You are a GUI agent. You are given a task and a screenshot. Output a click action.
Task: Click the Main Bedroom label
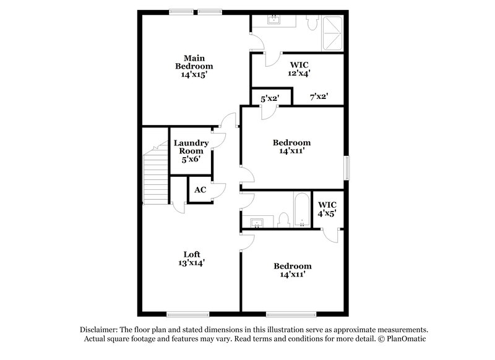194,62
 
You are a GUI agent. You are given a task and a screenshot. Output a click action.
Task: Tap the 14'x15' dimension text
194,74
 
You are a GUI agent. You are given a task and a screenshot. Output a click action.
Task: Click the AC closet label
200,190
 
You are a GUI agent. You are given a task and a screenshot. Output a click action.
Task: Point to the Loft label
192,254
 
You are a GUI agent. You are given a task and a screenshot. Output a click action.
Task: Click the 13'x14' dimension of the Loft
192,262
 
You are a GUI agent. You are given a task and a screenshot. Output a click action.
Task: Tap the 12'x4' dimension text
299,72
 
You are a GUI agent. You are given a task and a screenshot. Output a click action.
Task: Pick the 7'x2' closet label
318,96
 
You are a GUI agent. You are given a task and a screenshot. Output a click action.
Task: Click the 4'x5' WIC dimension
327,213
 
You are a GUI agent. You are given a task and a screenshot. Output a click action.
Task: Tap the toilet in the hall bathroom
284,219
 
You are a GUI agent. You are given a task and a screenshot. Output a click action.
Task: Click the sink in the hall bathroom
257,221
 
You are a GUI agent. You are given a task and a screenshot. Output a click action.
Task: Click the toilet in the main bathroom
312,22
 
